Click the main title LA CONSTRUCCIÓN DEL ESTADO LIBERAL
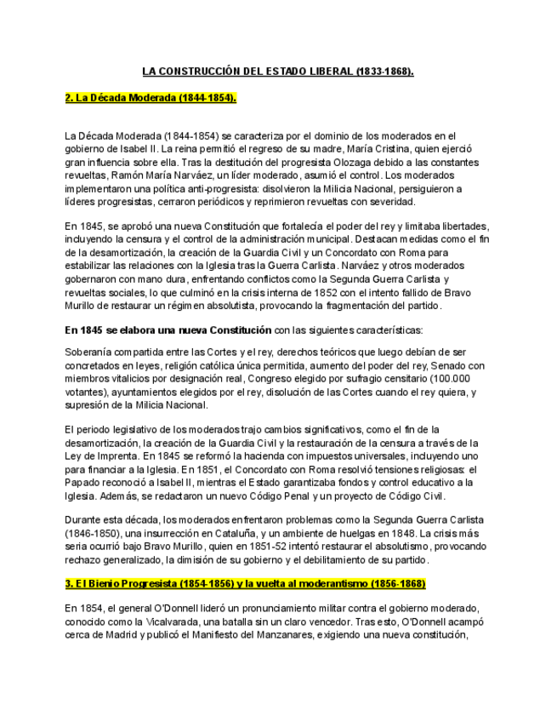(277, 72)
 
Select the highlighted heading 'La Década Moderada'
(150, 98)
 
